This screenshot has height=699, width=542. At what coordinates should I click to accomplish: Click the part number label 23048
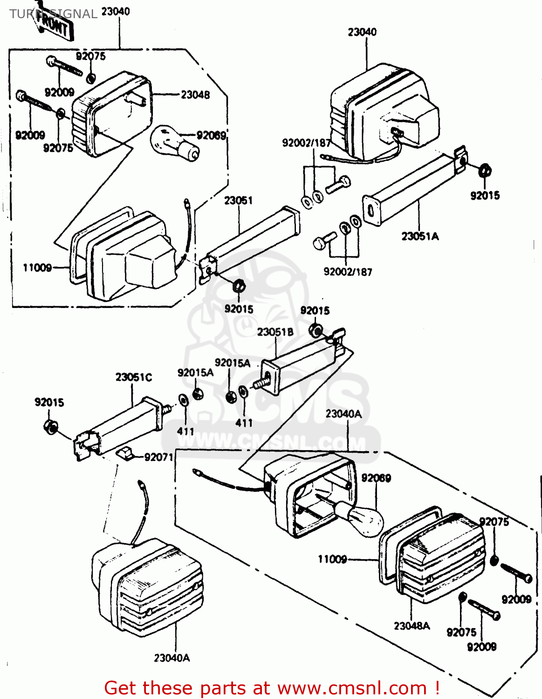coord(195,95)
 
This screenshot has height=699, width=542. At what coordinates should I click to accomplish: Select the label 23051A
coord(420,236)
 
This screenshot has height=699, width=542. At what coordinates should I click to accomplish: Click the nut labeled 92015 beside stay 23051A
coord(485,171)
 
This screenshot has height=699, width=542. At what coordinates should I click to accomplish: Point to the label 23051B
coord(275,332)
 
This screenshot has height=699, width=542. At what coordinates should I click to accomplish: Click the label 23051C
coord(133,377)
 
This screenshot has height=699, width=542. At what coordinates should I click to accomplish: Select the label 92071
coord(158,457)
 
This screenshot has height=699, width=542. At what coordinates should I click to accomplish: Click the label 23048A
coord(412,626)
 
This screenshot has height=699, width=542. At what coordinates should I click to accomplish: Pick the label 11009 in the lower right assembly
coord(332,559)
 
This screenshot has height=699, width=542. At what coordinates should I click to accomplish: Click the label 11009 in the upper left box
coord(37,267)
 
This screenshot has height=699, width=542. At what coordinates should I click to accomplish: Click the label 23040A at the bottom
coord(172,658)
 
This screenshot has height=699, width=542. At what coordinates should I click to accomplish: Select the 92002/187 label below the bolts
coord(348,272)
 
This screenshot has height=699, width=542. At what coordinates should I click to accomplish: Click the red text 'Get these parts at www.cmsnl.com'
coord(272,688)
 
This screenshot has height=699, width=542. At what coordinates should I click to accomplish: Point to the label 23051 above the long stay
coord(238,200)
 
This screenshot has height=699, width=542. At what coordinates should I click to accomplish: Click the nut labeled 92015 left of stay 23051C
coord(50,426)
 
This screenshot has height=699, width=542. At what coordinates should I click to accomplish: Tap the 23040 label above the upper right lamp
coord(362,32)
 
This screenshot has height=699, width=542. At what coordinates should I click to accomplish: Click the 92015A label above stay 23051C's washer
coord(195,372)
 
